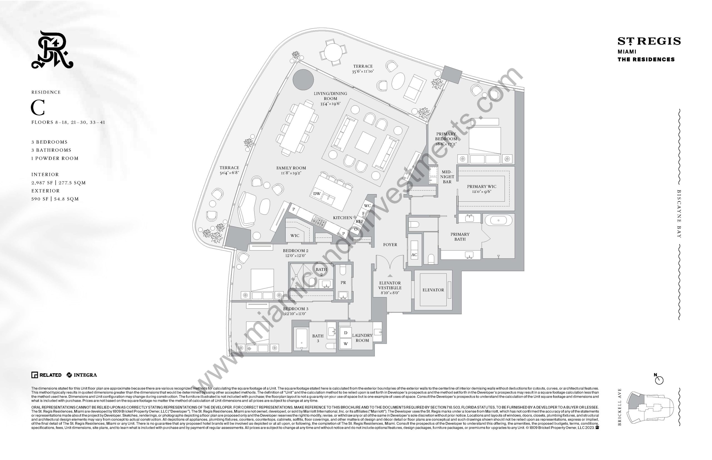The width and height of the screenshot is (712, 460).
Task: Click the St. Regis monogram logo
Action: click(x=52, y=50)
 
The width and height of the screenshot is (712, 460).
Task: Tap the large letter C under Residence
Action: click(x=38, y=108)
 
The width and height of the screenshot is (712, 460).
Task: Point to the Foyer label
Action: click(x=390, y=245)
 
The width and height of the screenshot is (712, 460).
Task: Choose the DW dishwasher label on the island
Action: click(x=317, y=194)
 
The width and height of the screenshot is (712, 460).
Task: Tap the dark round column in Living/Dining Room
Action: click(x=303, y=79)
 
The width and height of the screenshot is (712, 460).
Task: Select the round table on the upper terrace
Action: click(x=333, y=52)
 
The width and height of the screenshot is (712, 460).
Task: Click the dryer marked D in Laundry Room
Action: click(x=346, y=333)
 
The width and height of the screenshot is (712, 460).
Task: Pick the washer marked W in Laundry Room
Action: click(x=346, y=344)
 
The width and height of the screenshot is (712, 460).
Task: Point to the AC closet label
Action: click(x=414, y=255)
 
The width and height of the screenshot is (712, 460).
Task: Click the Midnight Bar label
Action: click(x=447, y=177)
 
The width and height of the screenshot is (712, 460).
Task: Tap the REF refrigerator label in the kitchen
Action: click(x=359, y=221)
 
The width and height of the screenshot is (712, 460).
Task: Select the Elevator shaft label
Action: click(x=433, y=290)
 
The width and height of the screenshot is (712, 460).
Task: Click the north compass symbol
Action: click(x=659, y=380)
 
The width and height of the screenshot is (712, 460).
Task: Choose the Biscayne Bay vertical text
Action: click(x=679, y=214)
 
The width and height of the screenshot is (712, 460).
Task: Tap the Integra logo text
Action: click(x=85, y=375)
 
